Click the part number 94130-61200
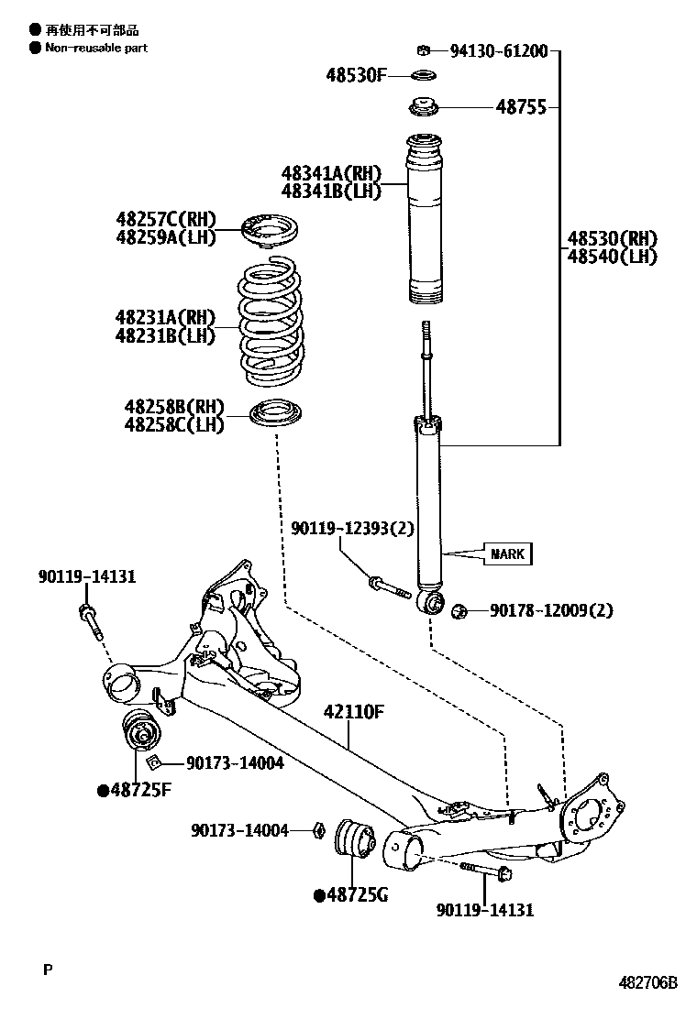tap(498, 50)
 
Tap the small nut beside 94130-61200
tap(425, 49)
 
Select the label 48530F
tap(356, 75)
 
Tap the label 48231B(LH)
tap(165, 335)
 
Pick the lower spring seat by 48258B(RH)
tap(277, 413)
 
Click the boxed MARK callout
tap(507, 553)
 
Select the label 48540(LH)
tap(612, 257)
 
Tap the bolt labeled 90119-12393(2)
tap(389, 586)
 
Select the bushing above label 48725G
tap(354, 839)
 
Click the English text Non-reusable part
tap(96, 48)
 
